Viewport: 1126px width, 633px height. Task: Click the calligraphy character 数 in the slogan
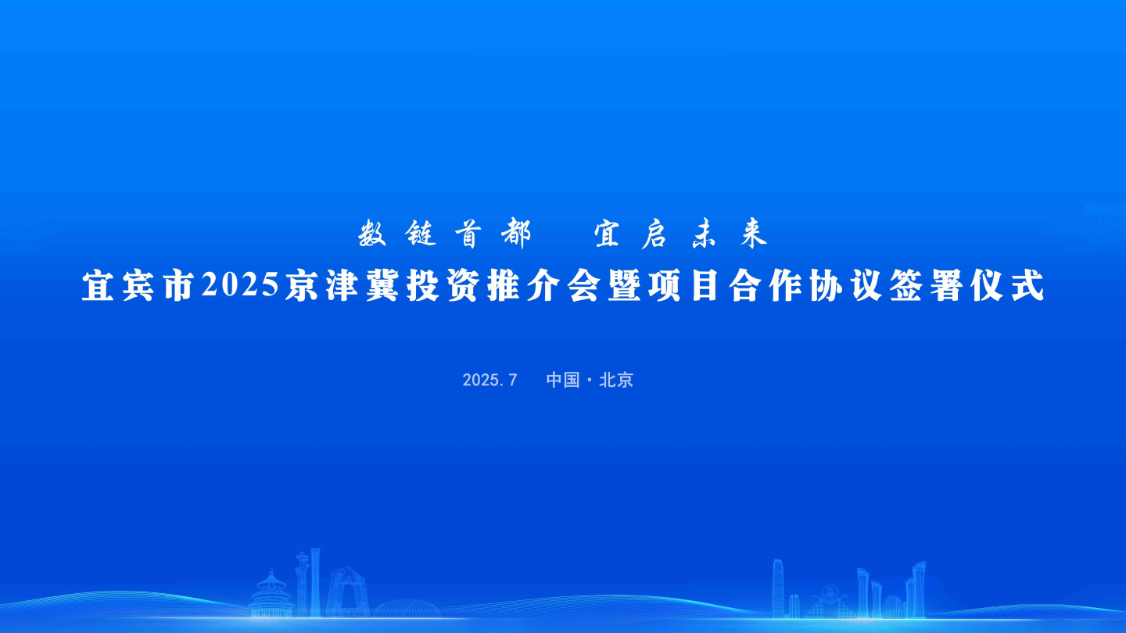pos(372,233)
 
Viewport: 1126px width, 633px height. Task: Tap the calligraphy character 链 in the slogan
pos(420,233)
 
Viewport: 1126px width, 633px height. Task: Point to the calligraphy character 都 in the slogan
pos(516,233)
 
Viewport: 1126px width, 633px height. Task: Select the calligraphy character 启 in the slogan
pos(654,234)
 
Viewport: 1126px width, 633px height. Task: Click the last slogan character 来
pos(754,234)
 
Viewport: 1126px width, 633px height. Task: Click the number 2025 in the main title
pos(240,285)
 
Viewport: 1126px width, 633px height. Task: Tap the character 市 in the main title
pos(179,286)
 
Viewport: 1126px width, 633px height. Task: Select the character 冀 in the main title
pos(382,286)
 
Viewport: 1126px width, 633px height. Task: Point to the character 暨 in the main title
pos(624,286)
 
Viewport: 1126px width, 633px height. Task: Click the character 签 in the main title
pos(905,286)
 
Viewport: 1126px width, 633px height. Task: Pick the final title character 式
pos(1028,286)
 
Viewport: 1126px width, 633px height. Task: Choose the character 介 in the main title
pos(543,286)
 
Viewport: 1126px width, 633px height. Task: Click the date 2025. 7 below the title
pos(489,381)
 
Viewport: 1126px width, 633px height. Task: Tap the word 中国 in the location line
pos(563,381)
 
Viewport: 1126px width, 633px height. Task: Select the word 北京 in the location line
pos(616,381)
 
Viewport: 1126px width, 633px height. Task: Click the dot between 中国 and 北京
pos(589,381)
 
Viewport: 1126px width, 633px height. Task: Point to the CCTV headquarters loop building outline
pos(347,592)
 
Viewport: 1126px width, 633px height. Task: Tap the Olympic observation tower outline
pos(302,584)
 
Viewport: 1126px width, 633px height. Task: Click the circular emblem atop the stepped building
pos(829,592)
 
